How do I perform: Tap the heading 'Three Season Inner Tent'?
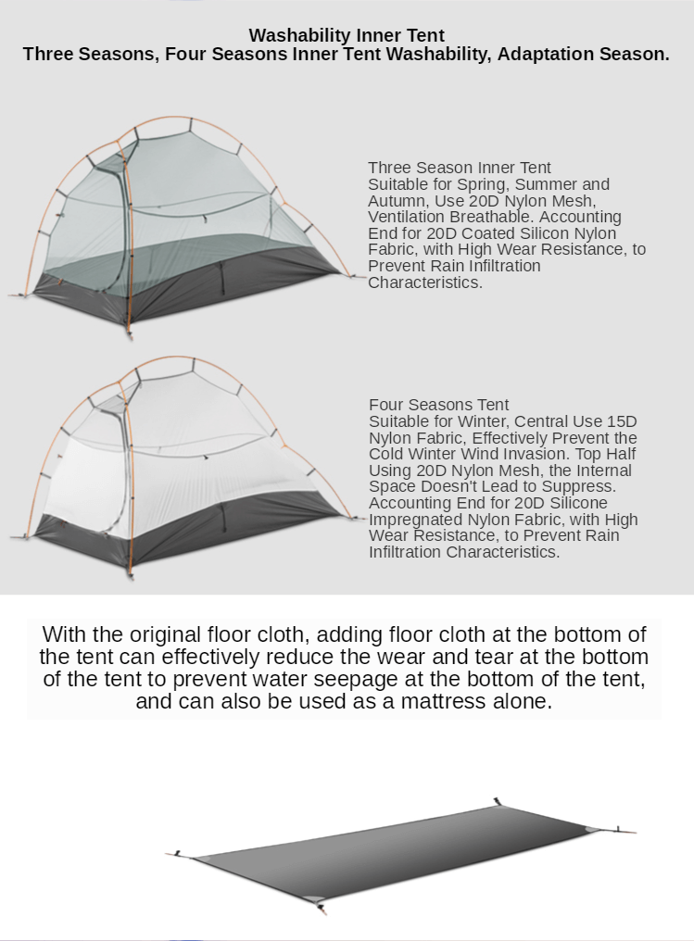pos(460,168)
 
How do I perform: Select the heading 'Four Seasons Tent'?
pos(439,405)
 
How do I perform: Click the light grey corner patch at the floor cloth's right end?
pos(591,830)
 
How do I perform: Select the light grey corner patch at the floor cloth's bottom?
pos(313,898)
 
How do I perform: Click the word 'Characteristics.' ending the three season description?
pos(425,282)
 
